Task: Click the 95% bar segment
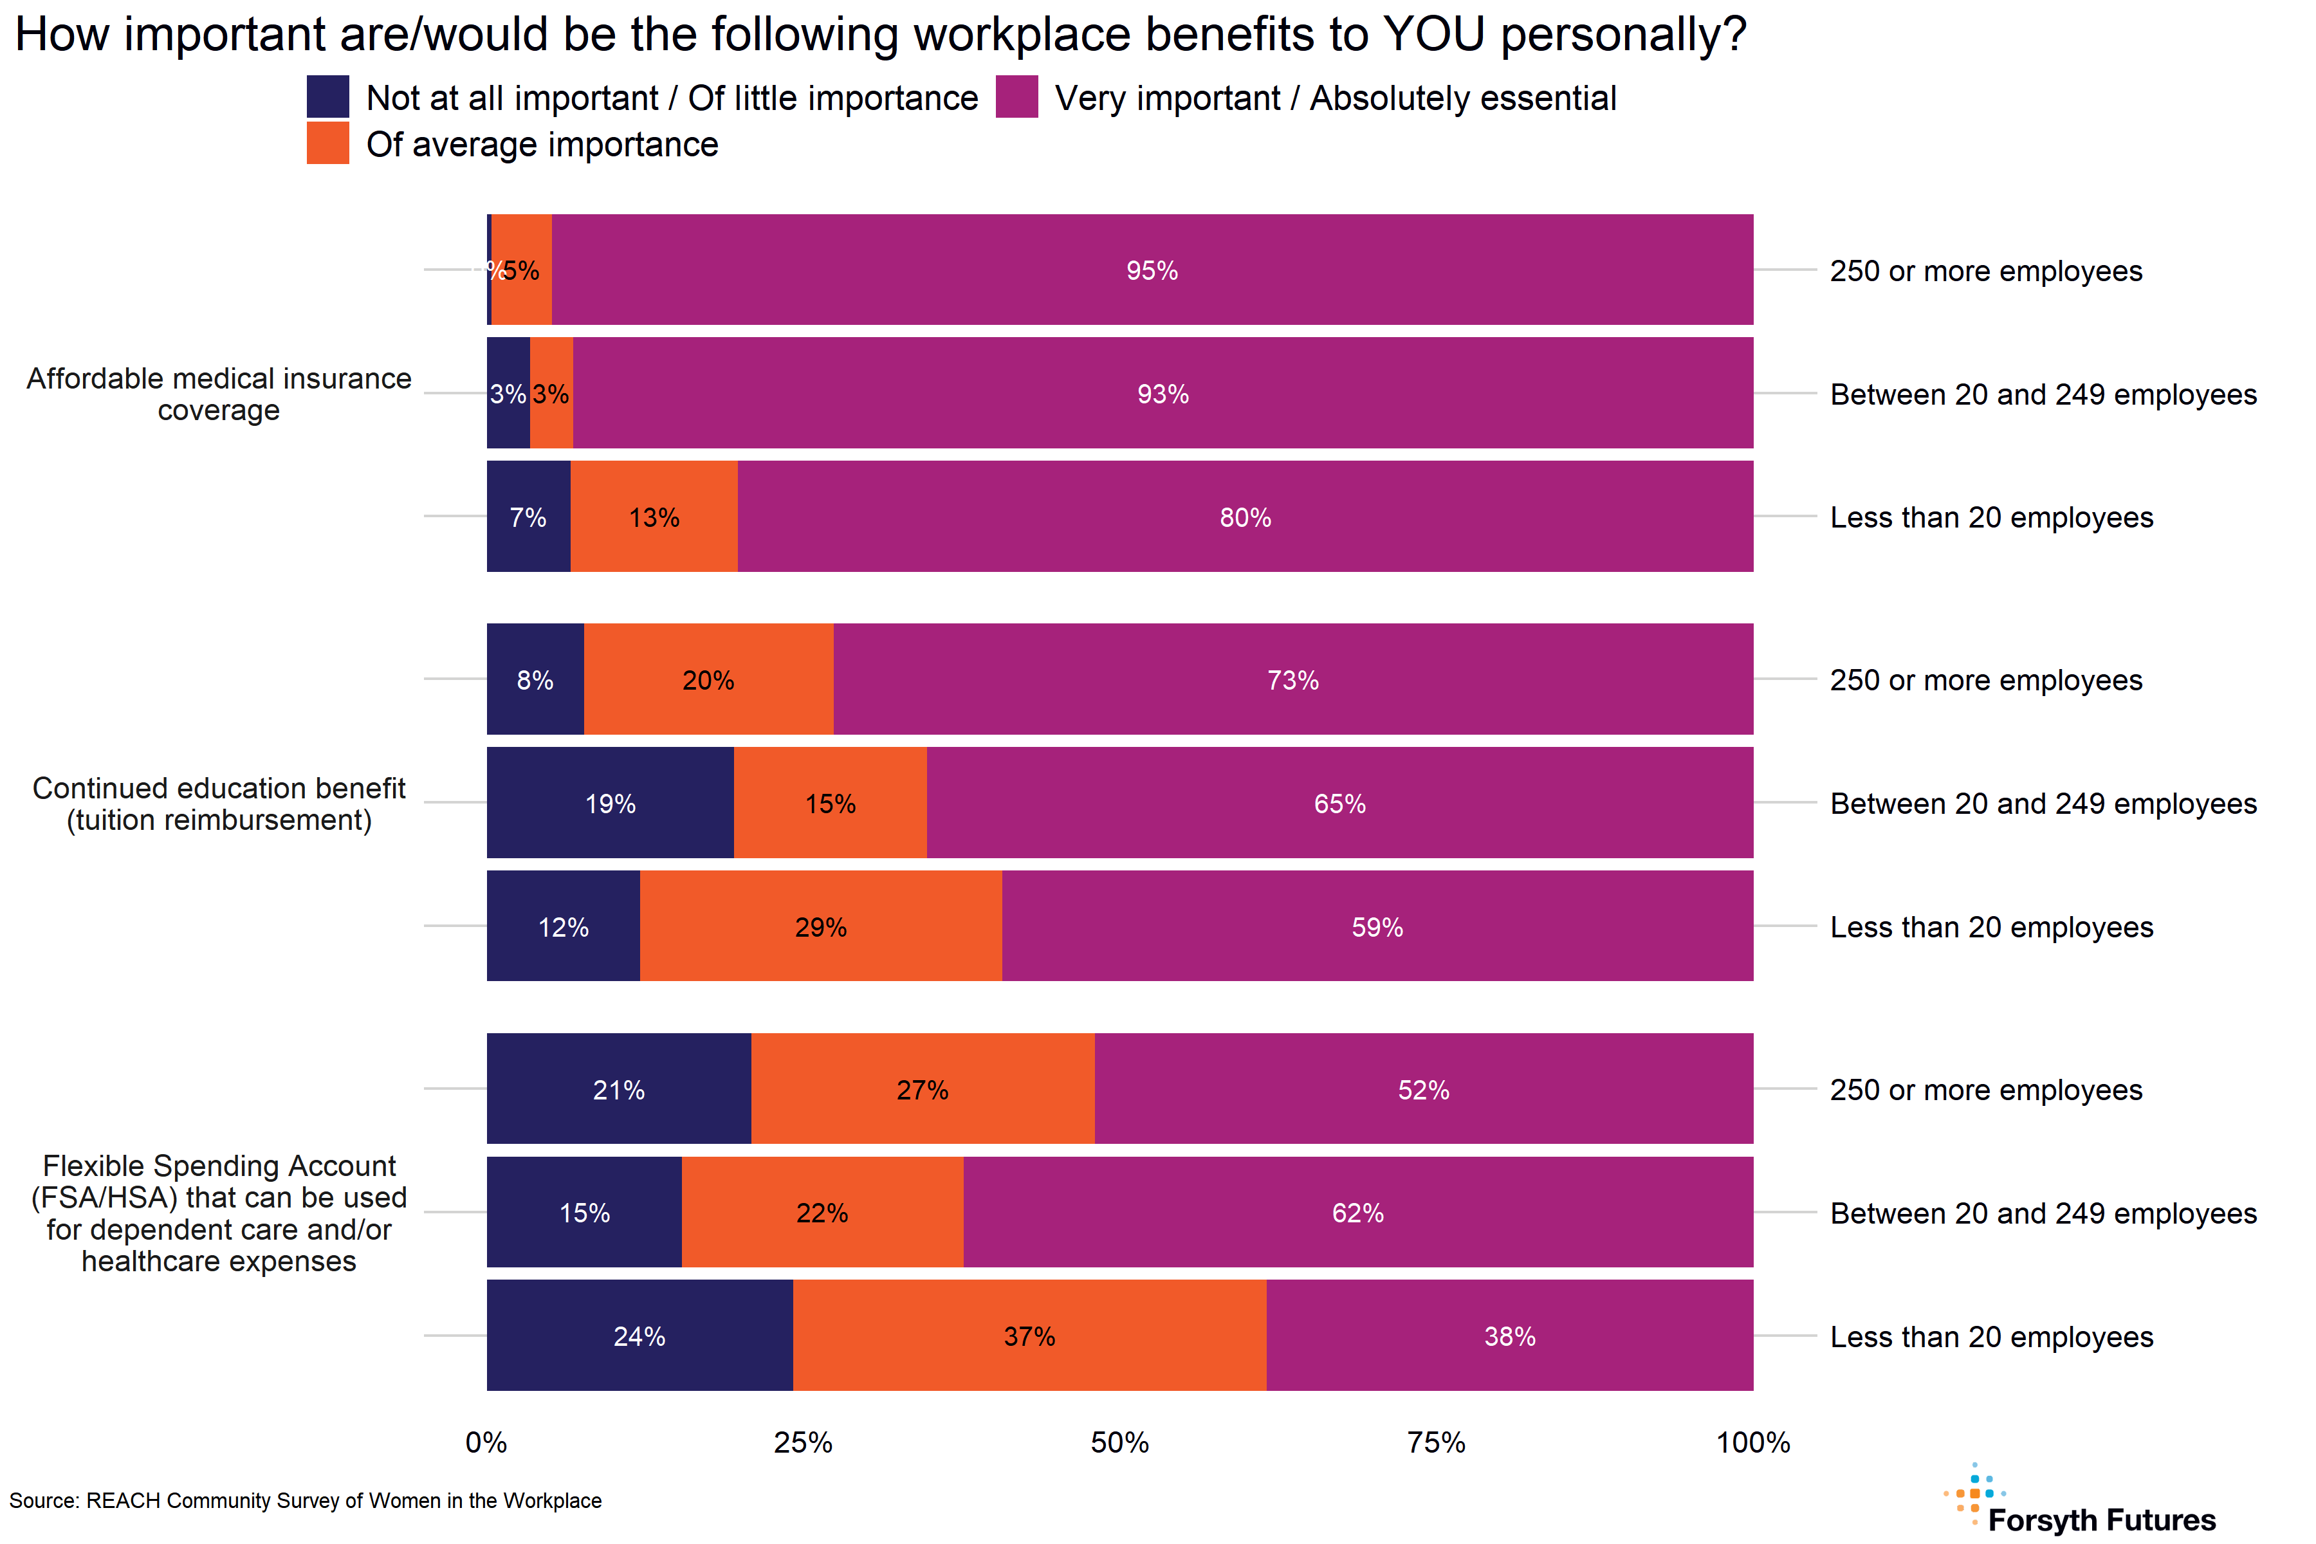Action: click(1152, 270)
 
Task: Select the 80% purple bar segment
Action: click(1245, 517)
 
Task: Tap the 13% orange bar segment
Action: click(654, 517)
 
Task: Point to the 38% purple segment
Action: click(1509, 1336)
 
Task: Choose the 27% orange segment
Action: click(922, 1089)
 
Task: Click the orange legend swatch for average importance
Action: click(328, 143)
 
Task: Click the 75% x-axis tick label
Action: click(1436, 1442)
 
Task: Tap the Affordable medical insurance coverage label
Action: click(219, 394)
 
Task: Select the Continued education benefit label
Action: click(219, 804)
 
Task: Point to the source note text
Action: click(305, 1501)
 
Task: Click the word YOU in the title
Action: click(1434, 35)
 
